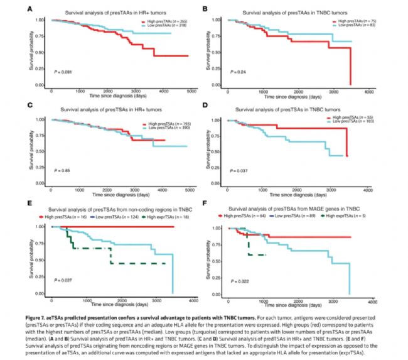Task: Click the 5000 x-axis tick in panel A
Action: tap(189, 90)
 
